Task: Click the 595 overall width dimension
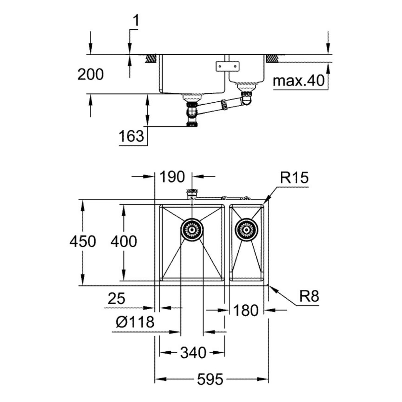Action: [210, 379]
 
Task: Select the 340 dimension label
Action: [193, 353]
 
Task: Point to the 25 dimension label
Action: [117, 299]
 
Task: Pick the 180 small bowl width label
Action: [246, 311]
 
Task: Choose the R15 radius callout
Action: [294, 178]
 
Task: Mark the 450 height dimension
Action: [82, 241]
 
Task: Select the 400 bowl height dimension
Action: [124, 241]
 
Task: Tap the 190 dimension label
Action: [172, 177]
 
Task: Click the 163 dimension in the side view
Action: [131, 136]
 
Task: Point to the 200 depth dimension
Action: [90, 75]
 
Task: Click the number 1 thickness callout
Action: [136, 21]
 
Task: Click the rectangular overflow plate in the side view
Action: [227, 66]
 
